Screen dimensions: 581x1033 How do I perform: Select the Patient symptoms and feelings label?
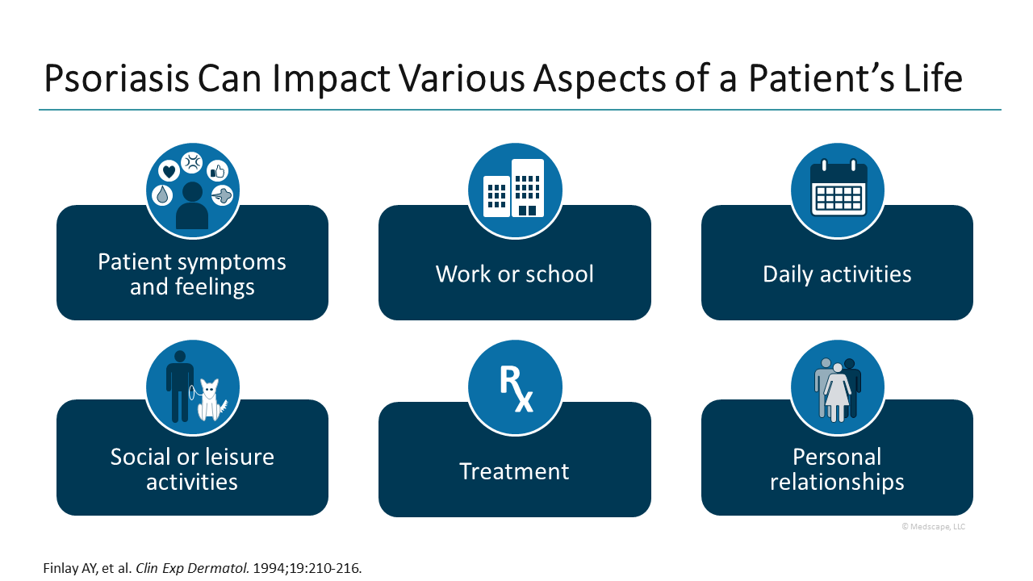point(192,274)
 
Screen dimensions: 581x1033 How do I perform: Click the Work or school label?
point(514,274)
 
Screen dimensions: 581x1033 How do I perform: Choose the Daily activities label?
point(837,274)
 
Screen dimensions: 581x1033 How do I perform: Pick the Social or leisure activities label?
point(192,469)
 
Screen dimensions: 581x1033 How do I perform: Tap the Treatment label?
point(514,470)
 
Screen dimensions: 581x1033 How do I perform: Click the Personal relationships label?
point(837,469)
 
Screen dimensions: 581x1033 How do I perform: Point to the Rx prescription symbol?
point(516,389)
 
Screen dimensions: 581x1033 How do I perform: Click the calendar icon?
point(838,190)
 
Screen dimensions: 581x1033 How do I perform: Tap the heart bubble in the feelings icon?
point(168,170)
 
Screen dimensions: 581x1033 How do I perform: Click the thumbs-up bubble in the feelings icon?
point(217,170)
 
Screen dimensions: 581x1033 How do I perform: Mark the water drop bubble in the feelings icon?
point(163,194)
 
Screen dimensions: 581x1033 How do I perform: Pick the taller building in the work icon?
point(528,187)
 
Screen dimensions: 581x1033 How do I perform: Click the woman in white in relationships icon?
point(838,393)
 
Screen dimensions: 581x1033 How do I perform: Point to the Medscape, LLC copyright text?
point(933,527)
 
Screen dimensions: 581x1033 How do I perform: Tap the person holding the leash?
point(179,386)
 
